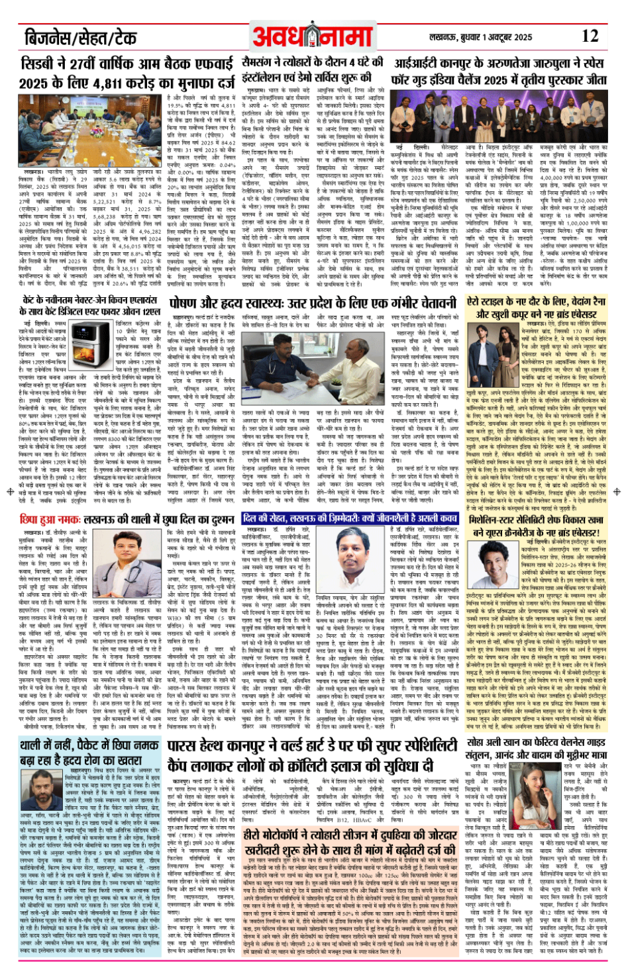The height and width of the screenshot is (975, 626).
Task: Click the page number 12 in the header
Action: coord(590,36)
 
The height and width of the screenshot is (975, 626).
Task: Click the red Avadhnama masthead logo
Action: coord(313,36)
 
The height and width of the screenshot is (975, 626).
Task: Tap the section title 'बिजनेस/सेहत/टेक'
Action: coord(80,37)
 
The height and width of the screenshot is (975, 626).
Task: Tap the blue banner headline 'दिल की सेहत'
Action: coord(349,519)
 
